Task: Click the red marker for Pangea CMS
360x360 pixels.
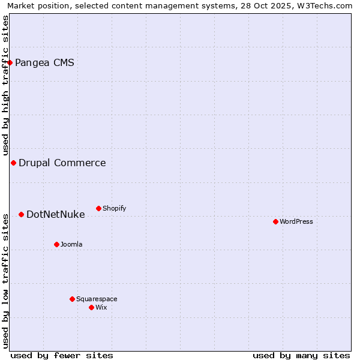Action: (10, 62)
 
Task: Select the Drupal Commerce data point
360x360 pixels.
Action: (13, 163)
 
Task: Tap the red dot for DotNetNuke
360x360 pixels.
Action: (21, 214)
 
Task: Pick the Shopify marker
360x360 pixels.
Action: (98, 208)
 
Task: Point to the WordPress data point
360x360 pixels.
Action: (275, 221)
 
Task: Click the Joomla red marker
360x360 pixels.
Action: (56, 244)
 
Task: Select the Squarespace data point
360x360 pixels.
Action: (72, 299)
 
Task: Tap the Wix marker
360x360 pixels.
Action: (91, 307)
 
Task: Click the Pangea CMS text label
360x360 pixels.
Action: (44, 62)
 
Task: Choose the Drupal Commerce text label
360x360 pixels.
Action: (62, 163)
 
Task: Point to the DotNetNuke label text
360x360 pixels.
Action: (55, 214)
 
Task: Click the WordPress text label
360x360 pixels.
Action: (296, 221)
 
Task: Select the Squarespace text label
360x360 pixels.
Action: (97, 299)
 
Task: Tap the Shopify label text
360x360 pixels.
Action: (114, 208)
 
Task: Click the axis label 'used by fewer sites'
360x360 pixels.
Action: (62, 355)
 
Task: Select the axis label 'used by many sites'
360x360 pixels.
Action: (301, 355)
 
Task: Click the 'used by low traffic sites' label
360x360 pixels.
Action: (5, 281)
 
